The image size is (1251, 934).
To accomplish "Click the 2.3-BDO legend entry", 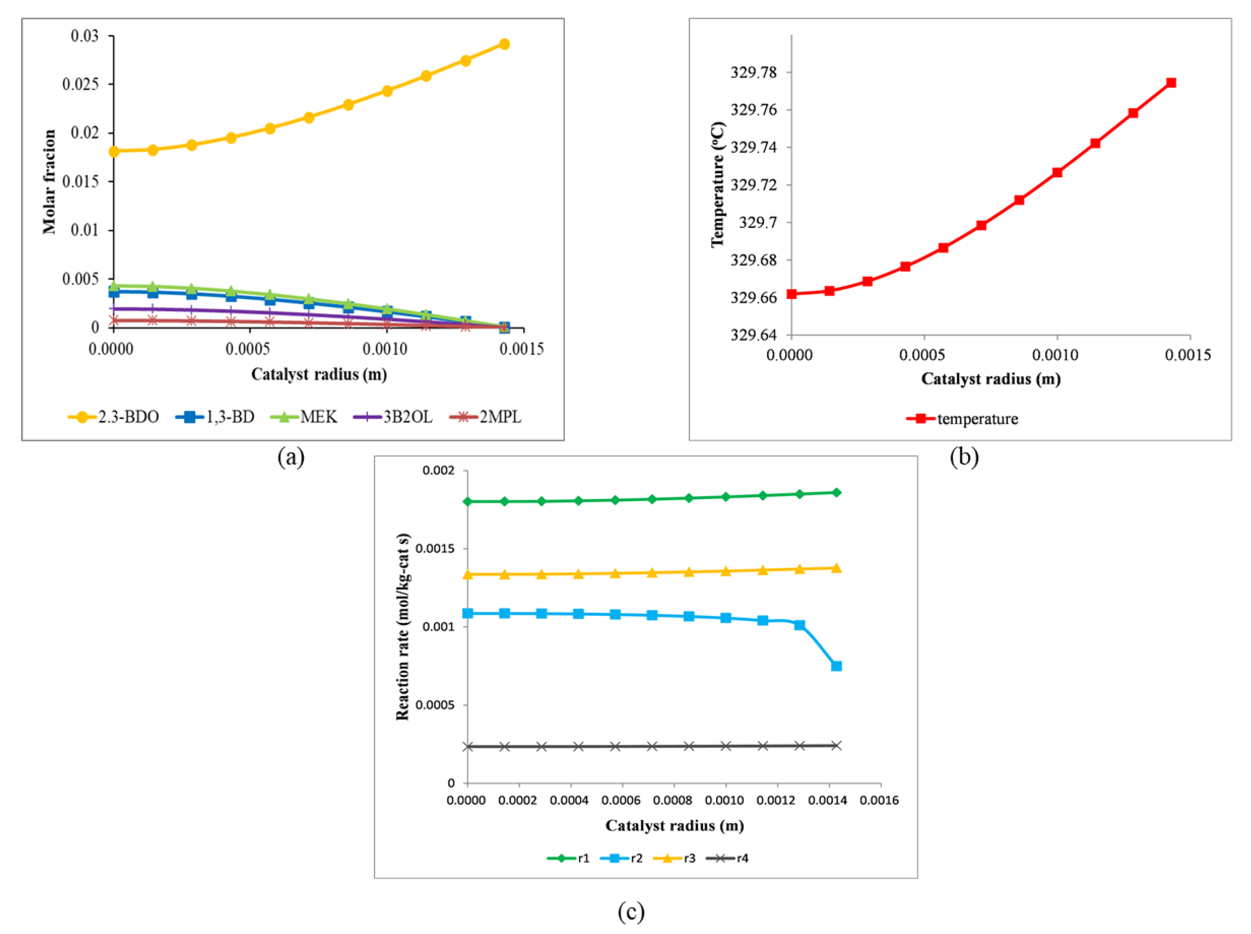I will [113, 417].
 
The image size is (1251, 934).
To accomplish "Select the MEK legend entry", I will [305, 417].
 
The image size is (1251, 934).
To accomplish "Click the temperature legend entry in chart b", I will [962, 419].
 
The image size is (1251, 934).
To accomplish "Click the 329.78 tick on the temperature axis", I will [753, 72].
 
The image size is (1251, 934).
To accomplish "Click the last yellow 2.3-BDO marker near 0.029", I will [504, 44].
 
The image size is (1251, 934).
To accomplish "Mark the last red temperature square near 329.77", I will [1171, 82].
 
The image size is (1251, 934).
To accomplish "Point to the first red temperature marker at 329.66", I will [792, 294].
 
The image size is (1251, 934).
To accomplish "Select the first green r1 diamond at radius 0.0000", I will [467, 502].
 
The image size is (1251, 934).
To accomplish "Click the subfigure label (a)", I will [291, 456].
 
